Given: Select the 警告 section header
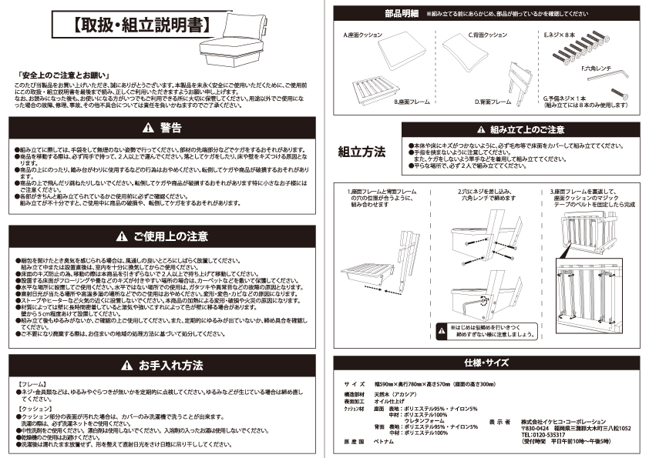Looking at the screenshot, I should (x=162, y=127).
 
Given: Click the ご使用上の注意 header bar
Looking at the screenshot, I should (x=162, y=234).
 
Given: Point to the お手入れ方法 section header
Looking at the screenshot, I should (x=162, y=364).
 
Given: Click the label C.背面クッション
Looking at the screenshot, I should (x=487, y=35).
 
